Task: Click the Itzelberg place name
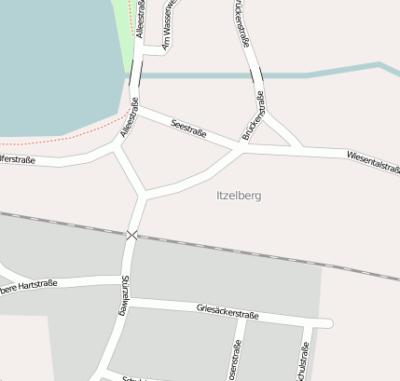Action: (238, 196)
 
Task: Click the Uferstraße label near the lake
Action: (17, 160)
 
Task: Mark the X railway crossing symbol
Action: (132, 235)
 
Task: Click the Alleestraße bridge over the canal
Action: (136, 74)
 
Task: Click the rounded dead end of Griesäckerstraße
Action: (328, 323)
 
